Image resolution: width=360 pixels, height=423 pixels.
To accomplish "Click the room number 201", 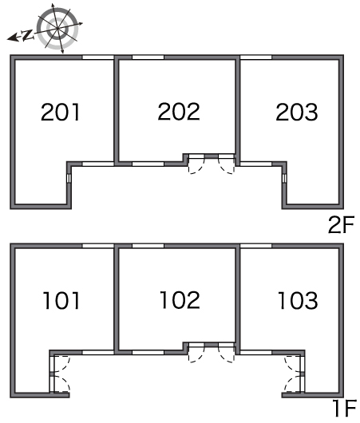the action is (61, 112).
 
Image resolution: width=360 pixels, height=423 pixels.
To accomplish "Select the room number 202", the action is (179, 112).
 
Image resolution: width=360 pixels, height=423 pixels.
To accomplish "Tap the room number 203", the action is (297, 112).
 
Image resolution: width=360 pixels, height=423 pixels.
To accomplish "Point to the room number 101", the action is (61, 300).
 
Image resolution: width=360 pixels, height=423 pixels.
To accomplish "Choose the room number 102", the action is (180, 300).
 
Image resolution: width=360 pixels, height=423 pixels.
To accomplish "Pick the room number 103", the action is (298, 300).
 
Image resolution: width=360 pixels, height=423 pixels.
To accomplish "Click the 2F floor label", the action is (341, 225).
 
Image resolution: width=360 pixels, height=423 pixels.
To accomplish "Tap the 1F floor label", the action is (345, 408).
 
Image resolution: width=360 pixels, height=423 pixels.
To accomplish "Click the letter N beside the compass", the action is (27, 35).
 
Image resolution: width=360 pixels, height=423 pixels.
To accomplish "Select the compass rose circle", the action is (57, 28).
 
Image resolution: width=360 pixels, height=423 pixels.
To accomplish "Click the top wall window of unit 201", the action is (98, 57).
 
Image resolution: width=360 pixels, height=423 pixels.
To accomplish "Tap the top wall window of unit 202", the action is (148, 57).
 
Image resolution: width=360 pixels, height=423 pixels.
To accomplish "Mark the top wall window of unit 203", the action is (256, 57).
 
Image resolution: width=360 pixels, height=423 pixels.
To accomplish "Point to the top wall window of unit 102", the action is (148, 246).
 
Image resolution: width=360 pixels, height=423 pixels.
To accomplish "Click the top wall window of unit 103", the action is (256, 246).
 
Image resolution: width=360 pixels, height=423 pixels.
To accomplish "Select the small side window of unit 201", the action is (69, 178).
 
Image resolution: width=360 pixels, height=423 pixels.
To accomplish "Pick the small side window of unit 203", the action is (284, 178).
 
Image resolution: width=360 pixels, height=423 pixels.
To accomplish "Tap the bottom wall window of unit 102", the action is (148, 352).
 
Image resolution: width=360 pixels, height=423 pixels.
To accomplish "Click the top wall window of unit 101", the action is (98, 246).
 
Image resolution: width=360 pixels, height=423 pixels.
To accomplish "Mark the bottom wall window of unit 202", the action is (148, 164).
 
